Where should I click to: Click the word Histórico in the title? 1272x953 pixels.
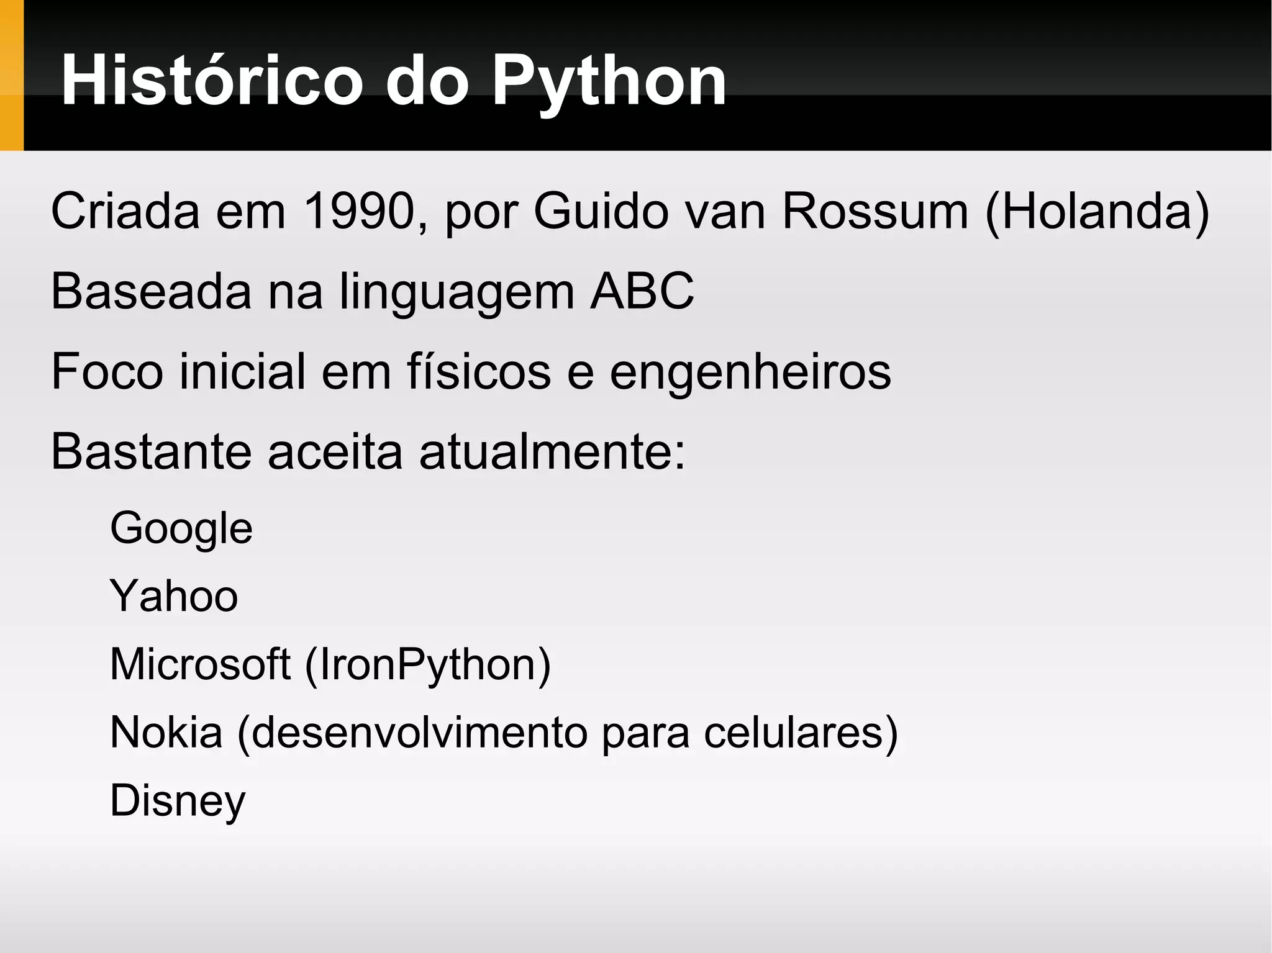coord(212,81)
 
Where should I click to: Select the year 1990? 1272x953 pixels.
coord(359,211)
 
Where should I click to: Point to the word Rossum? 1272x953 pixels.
coord(875,211)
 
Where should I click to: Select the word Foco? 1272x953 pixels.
coord(107,371)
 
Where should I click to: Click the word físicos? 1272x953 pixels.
coord(479,371)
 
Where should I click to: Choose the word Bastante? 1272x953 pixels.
coord(151,451)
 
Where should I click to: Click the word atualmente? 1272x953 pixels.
coord(552,451)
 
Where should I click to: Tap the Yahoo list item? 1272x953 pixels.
coord(174,596)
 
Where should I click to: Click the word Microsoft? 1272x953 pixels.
coord(200,664)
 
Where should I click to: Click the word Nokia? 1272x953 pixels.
coord(166,732)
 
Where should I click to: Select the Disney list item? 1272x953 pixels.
coord(178,802)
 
